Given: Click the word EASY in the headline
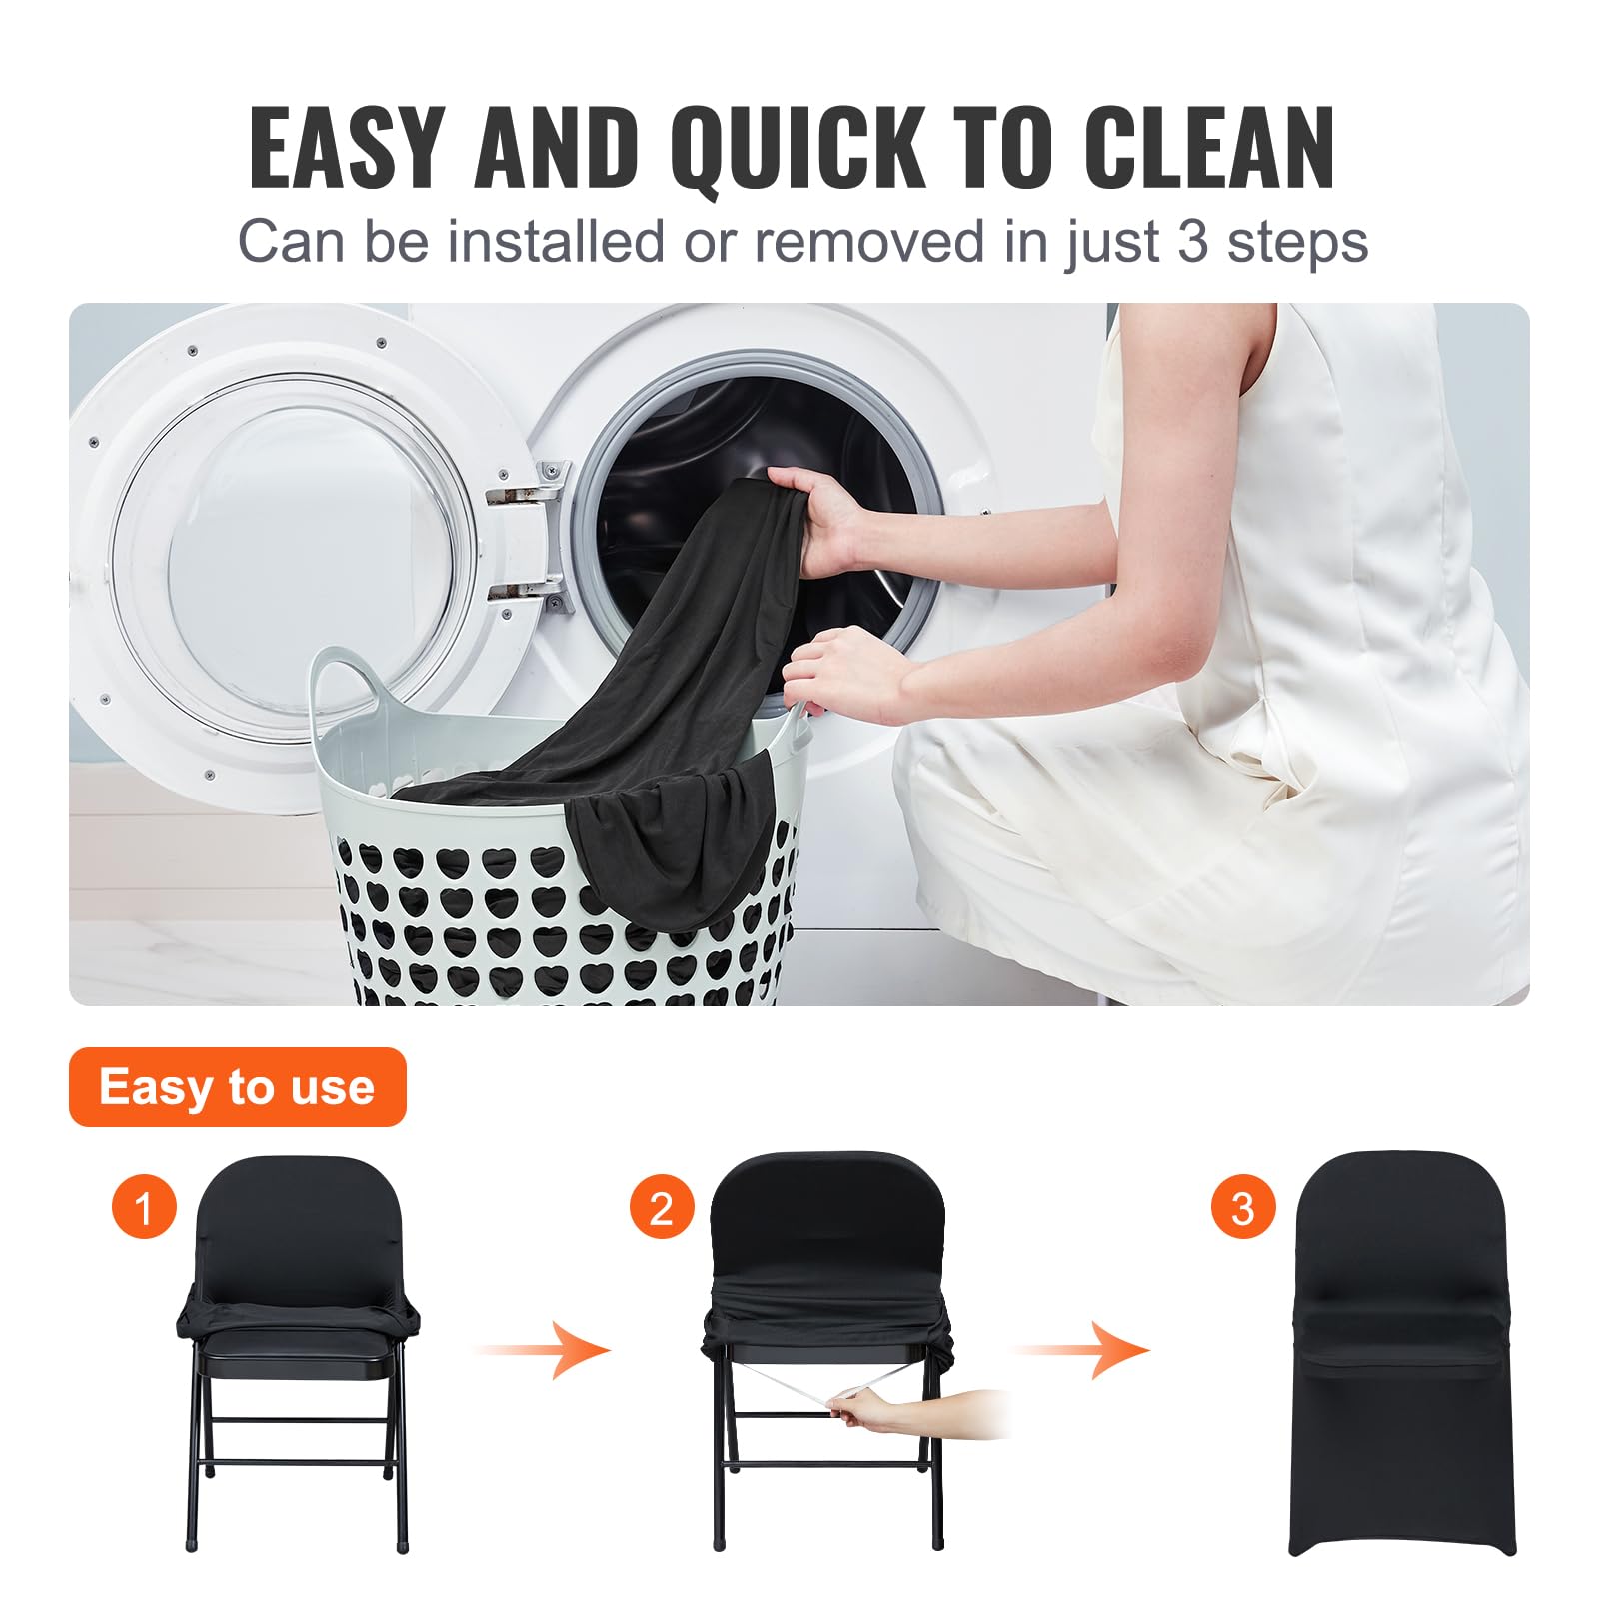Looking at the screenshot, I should (x=345, y=148).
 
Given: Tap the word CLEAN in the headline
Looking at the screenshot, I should (x=1209, y=148).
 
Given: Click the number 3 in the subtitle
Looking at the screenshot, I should (x=1191, y=242).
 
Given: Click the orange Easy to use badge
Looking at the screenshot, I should (x=237, y=1086).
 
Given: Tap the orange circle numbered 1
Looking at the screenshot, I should (x=144, y=1208).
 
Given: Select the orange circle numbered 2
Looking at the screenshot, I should (x=661, y=1208).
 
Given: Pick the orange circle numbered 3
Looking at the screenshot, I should (x=1242, y=1208).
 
